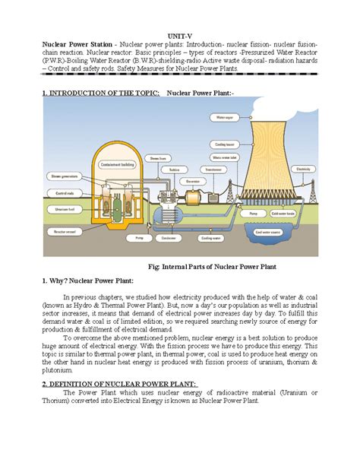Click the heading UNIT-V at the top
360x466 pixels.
coord(180,36)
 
